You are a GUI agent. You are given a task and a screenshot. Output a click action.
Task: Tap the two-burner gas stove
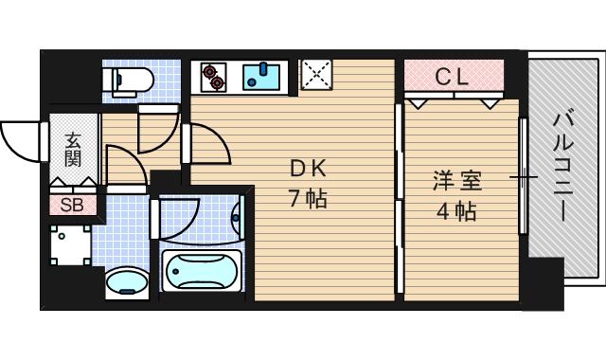pos(212,76)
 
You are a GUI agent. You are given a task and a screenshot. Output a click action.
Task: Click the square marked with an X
pos(315,75)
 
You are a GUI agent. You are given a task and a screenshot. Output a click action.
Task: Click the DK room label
pos(308,170)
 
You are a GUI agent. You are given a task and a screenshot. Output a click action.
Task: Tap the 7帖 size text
pos(308,201)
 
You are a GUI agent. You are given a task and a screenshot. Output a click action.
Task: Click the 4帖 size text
pos(455,210)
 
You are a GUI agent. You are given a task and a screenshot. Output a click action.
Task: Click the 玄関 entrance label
pos(72,149)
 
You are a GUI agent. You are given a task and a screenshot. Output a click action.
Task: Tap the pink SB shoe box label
pos(72,204)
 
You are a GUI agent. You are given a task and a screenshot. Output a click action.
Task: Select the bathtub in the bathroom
pos(203,270)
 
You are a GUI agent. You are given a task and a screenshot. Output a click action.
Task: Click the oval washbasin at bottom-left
pos(125,281)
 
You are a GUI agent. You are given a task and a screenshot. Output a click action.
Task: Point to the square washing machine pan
pos(71,245)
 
